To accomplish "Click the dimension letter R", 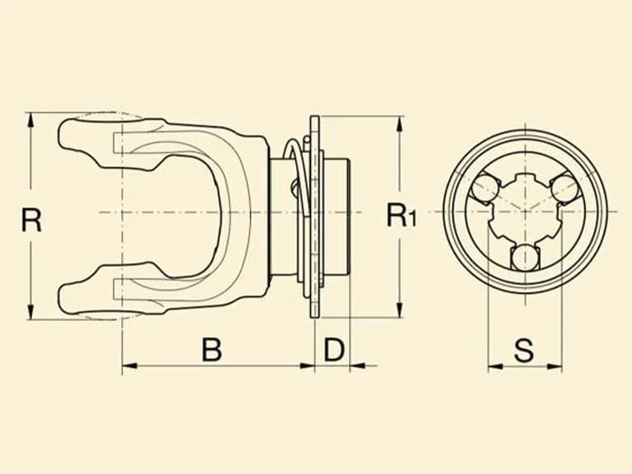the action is click(31, 220).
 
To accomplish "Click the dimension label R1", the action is click(402, 216).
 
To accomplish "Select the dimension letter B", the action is click(211, 350).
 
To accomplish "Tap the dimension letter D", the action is click(334, 350).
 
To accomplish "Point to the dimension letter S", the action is click(524, 350).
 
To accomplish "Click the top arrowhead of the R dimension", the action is click(30, 120).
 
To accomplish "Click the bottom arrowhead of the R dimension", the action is click(30, 312).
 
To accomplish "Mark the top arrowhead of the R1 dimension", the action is click(399, 123).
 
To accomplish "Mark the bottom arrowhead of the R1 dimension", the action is click(399, 310).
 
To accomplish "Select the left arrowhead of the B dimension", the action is click(129, 366).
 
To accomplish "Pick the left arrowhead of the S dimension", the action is click(495, 367).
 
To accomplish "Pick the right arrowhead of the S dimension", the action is click(554, 367).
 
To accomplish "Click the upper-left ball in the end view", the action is click(486, 187).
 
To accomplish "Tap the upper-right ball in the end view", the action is click(564, 188).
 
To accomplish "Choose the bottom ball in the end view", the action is click(525, 257).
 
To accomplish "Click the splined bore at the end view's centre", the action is click(525, 211).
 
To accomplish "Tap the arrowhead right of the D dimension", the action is click(357, 366).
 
